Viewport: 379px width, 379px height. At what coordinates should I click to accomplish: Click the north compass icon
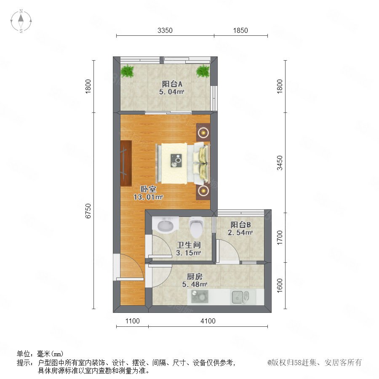point(21,21)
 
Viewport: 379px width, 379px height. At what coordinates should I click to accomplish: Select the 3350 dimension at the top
point(165,30)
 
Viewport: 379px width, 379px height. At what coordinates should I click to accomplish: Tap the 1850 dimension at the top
point(240,30)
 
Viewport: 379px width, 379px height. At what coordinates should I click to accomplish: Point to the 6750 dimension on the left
point(88,211)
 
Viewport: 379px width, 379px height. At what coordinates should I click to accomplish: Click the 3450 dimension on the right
point(280,163)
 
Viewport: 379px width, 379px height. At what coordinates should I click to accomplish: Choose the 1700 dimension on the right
point(280,238)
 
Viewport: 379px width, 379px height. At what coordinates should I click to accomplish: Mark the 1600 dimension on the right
point(280,286)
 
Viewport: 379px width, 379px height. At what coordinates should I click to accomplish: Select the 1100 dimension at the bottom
point(133,321)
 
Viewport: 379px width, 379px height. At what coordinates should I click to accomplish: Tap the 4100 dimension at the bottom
point(208,321)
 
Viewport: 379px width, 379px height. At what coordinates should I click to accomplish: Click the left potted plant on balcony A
point(127,71)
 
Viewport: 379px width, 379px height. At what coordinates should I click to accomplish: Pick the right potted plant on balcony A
point(203,71)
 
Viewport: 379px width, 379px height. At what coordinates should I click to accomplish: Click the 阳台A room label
point(172,84)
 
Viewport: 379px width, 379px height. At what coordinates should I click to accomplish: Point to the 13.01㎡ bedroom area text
point(148,197)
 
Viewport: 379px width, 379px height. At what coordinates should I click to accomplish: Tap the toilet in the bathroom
point(196,227)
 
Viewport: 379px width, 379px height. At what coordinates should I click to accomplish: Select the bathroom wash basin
point(165,225)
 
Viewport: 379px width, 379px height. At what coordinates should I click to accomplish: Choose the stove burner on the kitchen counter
point(200,296)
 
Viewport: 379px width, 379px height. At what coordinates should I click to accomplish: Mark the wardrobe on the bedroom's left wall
point(126,163)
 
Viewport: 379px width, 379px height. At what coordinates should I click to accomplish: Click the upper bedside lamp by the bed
point(203,132)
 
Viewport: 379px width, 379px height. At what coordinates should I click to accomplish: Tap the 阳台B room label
point(240,224)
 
